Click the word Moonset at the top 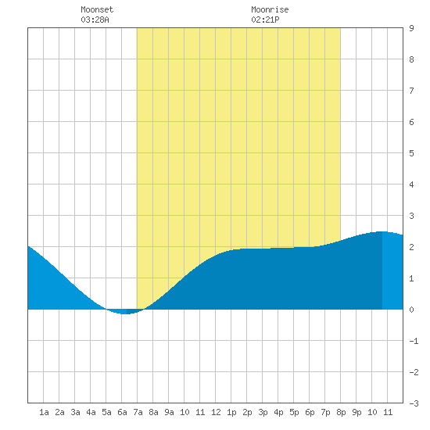pyautogui.click(x=97, y=9)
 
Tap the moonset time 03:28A pyautogui.click(x=95, y=20)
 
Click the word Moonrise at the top pyautogui.click(x=270, y=9)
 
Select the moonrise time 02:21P pyautogui.click(x=265, y=20)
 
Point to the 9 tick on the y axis pyautogui.click(x=411, y=28)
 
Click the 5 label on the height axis pyautogui.click(x=411, y=153)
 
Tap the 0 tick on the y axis pyautogui.click(x=411, y=310)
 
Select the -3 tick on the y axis pyautogui.click(x=414, y=403)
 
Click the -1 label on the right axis pyautogui.click(x=414, y=341)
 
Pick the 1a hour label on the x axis pyautogui.click(x=44, y=412)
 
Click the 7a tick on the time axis pyautogui.click(x=138, y=412)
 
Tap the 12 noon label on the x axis pyautogui.click(x=216, y=412)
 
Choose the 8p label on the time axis pyautogui.click(x=341, y=412)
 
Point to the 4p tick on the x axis pyautogui.click(x=278, y=412)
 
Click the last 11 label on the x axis pyautogui.click(x=388, y=412)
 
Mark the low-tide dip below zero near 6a pyautogui.click(x=125, y=313)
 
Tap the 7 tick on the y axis pyautogui.click(x=411, y=91)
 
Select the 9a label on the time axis pyautogui.click(x=169, y=412)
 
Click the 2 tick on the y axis pyautogui.click(x=411, y=247)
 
